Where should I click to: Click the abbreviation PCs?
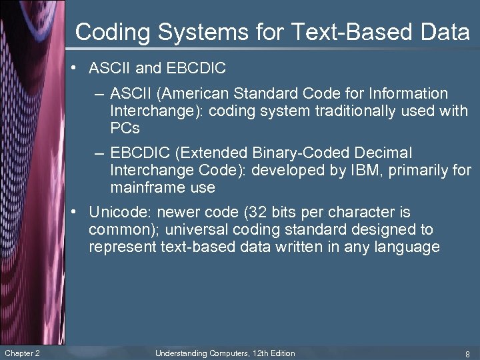point(125,127)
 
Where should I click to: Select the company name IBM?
point(358,171)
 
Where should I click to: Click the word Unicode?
point(115,213)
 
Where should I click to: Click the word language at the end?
point(407,247)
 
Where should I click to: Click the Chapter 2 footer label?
point(21,353)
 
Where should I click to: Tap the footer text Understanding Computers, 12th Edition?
point(225,353)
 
